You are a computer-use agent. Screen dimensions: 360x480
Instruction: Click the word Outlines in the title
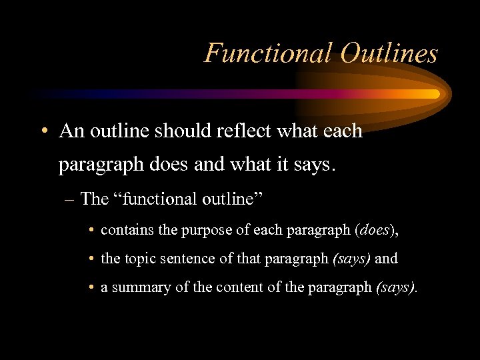(x=389, y=53)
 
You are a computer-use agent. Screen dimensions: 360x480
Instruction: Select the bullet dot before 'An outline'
(x=42, y=131)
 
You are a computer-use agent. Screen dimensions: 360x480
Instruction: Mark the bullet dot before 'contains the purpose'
(x=90, y=231)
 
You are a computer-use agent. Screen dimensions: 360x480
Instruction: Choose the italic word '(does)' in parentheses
(x=377, y=230)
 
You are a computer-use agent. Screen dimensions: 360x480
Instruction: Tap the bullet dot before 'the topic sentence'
(x=90, y=259)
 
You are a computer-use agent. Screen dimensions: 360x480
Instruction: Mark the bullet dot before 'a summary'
(x=90, y=288)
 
